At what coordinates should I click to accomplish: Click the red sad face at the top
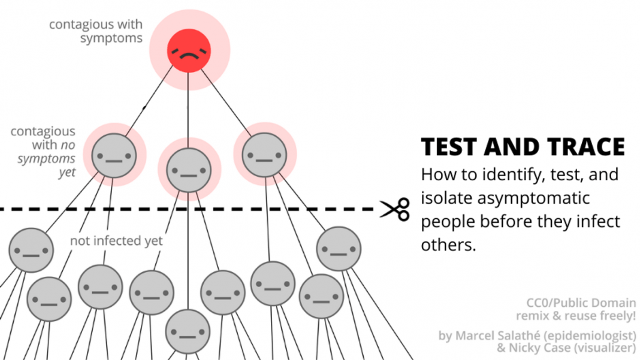189,51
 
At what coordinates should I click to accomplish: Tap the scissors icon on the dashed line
395,209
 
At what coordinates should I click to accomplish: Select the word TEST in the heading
451,147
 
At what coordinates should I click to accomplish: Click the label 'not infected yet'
116,241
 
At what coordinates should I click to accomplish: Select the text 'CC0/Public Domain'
581,302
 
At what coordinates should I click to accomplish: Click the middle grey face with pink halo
189,171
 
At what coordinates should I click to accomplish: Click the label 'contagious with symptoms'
96,31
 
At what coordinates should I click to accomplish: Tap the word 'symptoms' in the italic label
47,159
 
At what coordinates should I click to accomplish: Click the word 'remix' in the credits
532,315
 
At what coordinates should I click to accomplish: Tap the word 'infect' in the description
597,222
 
